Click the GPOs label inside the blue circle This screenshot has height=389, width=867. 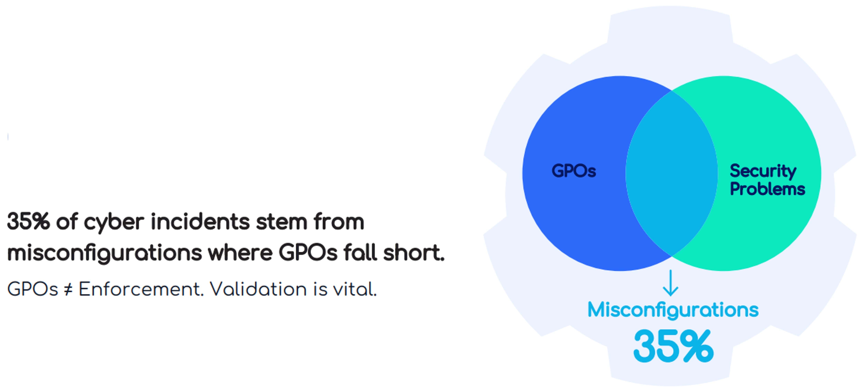coord(574,171)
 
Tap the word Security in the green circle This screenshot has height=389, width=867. coord(763,171)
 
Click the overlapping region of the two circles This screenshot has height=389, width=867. coord(671,173)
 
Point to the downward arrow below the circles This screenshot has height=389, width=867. coord(670,283)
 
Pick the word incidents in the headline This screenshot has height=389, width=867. coord(200,222)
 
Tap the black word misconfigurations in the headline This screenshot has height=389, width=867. coord(104,253)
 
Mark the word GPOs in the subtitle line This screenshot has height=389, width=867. coord(33,289)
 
